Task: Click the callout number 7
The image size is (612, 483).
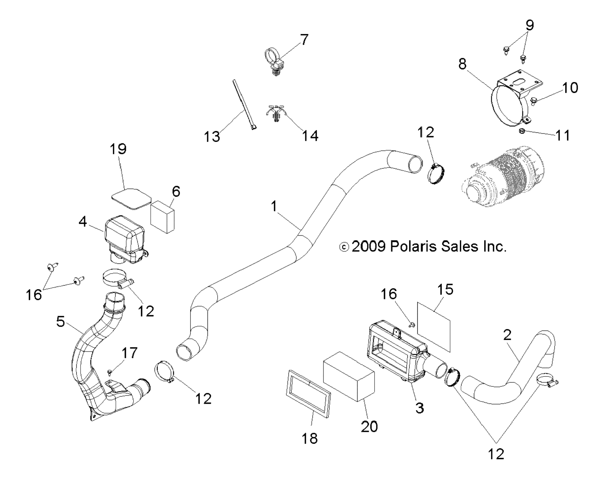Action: [x=304, y=40]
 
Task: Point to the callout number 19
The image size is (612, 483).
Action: [x=118, y=149]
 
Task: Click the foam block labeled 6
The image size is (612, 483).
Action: [x=163, y=217]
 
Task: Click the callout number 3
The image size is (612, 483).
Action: [x=420, y=408]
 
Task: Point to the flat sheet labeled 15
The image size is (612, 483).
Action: [x=434, y=327]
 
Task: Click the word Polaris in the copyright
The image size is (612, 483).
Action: [x=412, y=247]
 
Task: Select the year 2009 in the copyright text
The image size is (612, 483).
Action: [x=369, y=247]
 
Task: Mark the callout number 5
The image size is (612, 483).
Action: [x=61, y=322]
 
